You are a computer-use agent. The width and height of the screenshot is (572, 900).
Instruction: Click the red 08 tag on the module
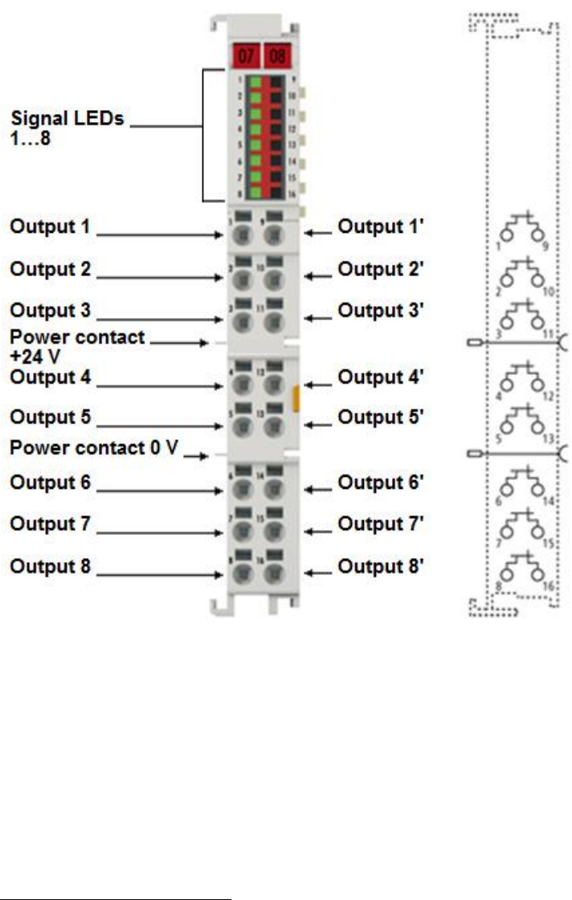pos(277,57)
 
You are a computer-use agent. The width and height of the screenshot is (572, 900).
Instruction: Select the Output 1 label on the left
pos(50,227)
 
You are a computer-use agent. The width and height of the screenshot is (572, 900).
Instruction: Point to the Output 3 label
pos(50,311)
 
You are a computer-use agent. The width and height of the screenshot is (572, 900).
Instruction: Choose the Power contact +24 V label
pos(76,344)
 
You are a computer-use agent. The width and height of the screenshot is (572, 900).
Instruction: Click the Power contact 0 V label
pos(93,448)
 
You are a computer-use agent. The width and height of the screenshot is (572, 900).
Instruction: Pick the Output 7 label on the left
pos(50,524)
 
